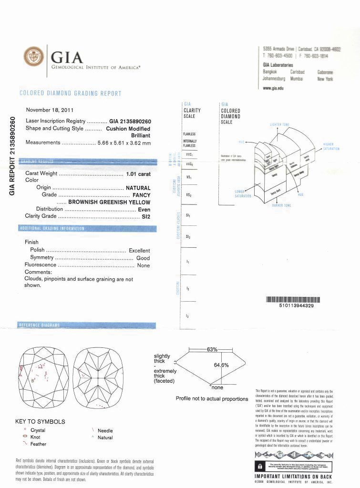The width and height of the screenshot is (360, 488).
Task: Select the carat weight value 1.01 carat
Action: pos(138,174)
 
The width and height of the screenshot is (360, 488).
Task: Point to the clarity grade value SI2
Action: pos(146,216)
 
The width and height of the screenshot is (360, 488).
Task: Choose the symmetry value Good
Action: pos(143,258)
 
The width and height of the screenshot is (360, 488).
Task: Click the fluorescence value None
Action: pos(143,265)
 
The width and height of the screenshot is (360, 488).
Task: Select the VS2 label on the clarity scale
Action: pos(189,195)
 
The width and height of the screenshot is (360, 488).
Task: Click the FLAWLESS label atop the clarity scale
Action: pos(189,134)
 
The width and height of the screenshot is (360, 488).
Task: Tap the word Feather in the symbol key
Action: pos(38,444)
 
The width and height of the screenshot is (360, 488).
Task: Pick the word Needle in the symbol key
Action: pos(105,431)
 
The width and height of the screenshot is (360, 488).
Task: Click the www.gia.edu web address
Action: pos(274,88)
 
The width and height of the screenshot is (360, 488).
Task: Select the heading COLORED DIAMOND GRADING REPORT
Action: pos(70,93)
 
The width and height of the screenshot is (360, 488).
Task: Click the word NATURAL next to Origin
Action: pos(138,188)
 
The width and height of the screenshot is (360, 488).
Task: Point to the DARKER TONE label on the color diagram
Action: pos(280,205)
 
